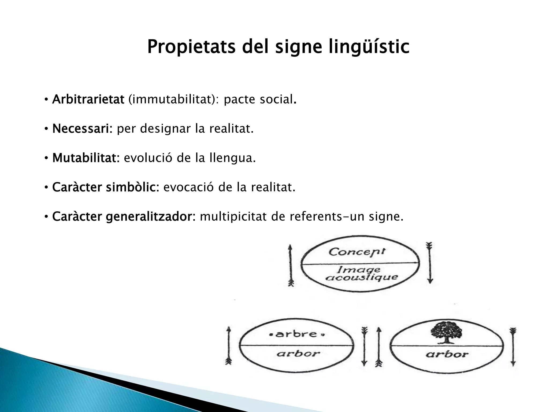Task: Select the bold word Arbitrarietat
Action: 88,100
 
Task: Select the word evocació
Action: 189,187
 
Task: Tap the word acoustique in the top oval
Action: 361,277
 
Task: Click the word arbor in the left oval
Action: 298,354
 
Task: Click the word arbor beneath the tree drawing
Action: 447,354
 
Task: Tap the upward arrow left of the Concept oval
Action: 291,264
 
